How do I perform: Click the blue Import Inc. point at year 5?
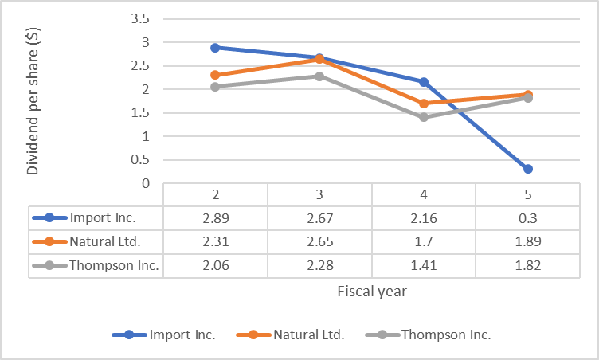pyautogui.click(x=527, y=169)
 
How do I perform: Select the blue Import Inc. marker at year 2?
pyautogui.click(x=215, y=48)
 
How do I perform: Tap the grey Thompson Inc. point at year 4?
pyautogui.click(x=424, y=117)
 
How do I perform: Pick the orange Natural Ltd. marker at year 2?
pyautogui.click(x=215, y=75)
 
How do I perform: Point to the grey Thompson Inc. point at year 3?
pyautogui.click(x=319, y=76)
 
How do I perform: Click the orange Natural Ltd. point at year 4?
pyautogui.click(x=424, y=104)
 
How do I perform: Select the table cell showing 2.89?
pyautogui.click(x=215, y=217)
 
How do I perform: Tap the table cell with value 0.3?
pyautogui.click(x=527, y=217)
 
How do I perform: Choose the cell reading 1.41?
pyautogui.click(x=424, y=265)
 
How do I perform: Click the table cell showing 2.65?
pyautogui.click(x=319, y=241)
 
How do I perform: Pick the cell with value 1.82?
pyautogui.click(x=527, y=265)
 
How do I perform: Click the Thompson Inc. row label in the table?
pyautogui.click(x=114, y=265)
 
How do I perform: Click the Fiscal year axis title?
pyautogui.click(x=371, y=292)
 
